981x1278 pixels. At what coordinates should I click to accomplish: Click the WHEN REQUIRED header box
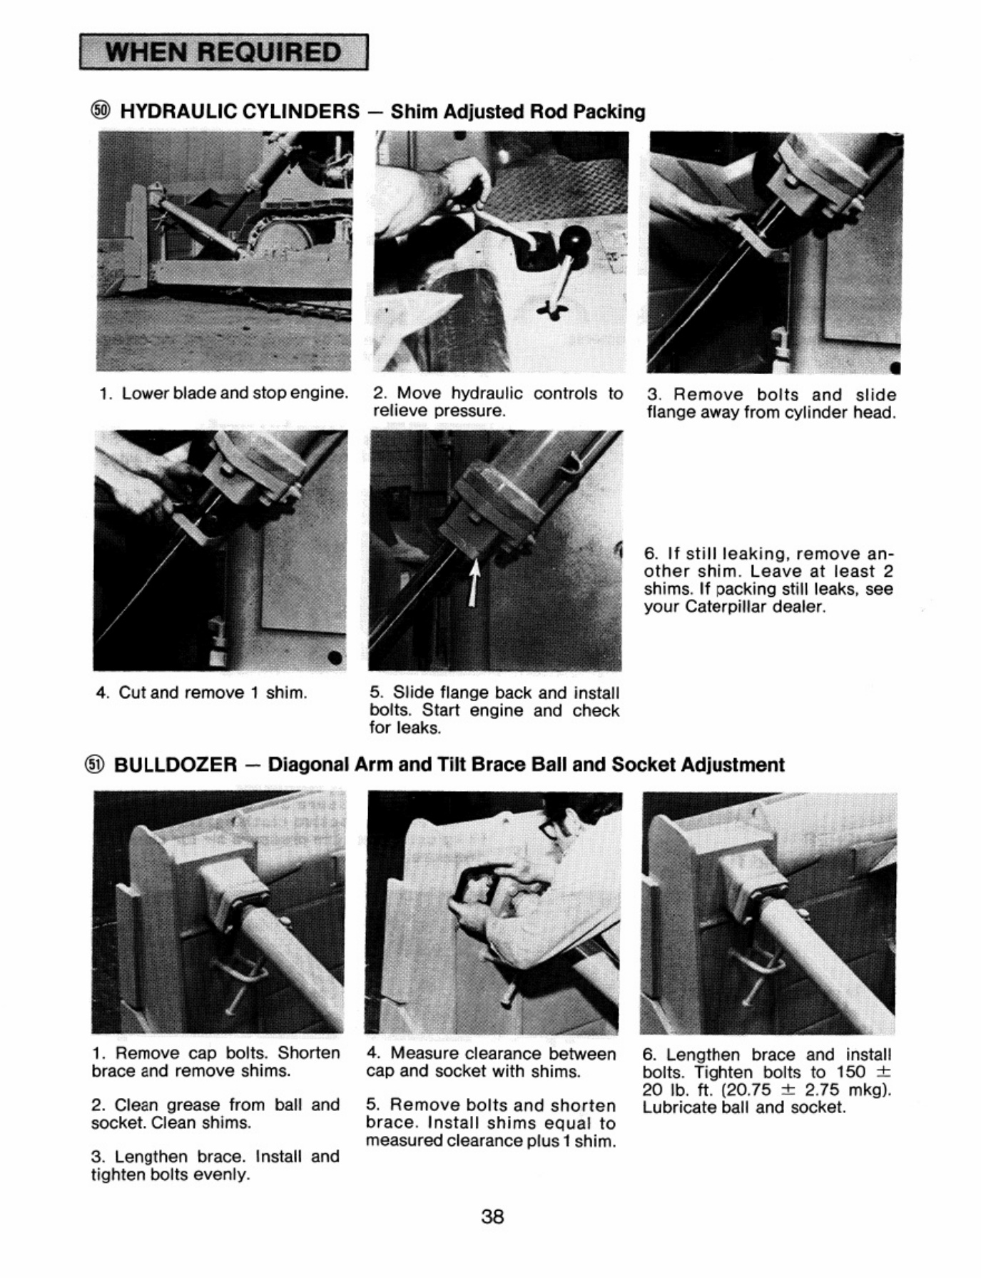point(224,52)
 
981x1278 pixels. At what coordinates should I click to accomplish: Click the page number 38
point(493,1216)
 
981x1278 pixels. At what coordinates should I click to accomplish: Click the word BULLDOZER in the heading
point(176,765)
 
